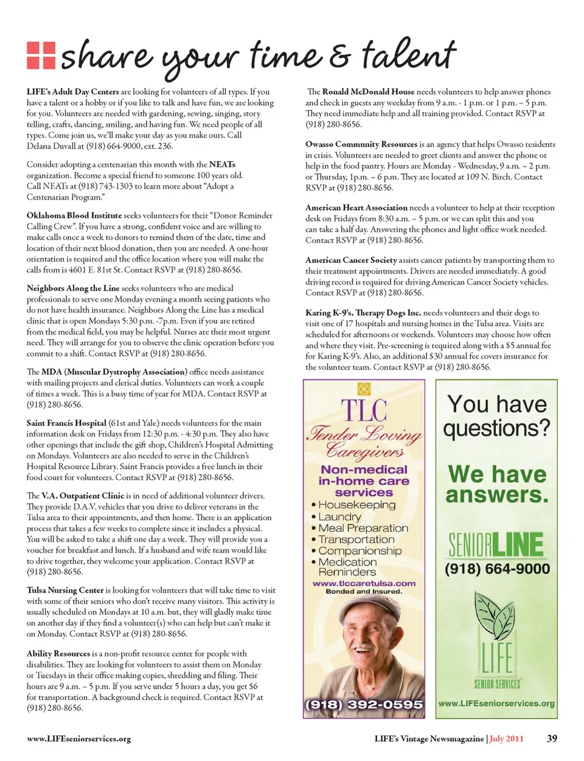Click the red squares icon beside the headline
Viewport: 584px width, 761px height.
(x=41, y=55)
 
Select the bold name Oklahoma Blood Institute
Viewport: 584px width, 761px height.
(x=74, y=215)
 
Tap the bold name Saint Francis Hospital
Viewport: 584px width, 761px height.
(x=66, y=423)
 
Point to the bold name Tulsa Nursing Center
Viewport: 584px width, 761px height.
(x=65, y=590)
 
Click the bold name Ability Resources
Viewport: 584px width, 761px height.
(x=58, y=653)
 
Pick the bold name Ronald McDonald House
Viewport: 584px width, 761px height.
(x=368, y=92)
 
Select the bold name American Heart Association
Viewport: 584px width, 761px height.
(x=356, y=207)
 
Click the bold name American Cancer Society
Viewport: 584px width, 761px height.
(x=351, y=260)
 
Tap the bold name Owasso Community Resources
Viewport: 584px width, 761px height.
(x=361, y=144)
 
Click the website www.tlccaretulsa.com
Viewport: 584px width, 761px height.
(x=364, y=583)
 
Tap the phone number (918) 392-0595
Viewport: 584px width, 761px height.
(x=364, y=704)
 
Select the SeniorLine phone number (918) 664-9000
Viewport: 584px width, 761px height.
(x=497, y=569)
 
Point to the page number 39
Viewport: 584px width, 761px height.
(x=552, y=738)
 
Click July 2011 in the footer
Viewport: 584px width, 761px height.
(x=506, y=738)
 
